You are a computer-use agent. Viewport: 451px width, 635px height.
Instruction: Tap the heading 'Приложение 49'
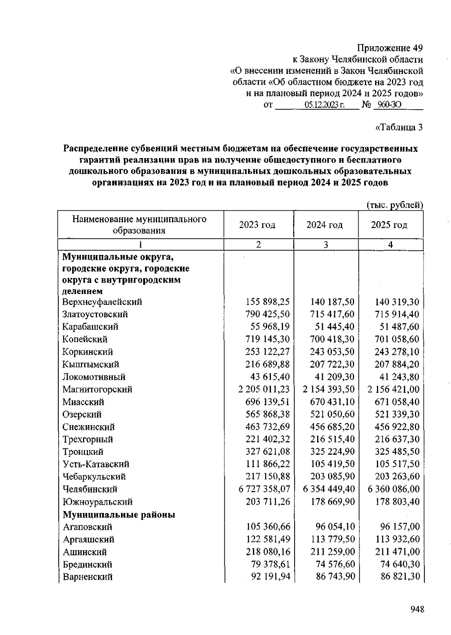390,48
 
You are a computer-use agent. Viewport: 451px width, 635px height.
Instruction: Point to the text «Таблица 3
399,127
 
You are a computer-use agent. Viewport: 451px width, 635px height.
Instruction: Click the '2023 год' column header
257,225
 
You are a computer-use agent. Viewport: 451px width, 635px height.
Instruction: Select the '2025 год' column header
389,225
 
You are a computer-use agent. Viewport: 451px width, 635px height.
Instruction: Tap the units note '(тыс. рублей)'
395,205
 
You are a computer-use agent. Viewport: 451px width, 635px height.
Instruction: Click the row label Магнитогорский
97,389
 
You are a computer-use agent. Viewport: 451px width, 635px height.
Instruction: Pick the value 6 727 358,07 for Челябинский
265,489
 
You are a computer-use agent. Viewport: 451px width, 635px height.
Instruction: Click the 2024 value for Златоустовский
332,314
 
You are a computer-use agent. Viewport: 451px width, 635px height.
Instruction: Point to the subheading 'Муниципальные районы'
119,514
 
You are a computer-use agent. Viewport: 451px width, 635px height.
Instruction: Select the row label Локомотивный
94,377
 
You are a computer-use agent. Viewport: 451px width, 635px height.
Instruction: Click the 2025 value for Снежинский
397,427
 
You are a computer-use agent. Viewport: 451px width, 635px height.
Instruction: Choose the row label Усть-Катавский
96,464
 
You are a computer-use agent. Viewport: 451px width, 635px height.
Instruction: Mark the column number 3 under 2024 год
325,245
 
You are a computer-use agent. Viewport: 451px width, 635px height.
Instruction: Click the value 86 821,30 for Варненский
400,577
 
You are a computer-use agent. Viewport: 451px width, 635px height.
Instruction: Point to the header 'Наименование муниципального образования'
139,225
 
